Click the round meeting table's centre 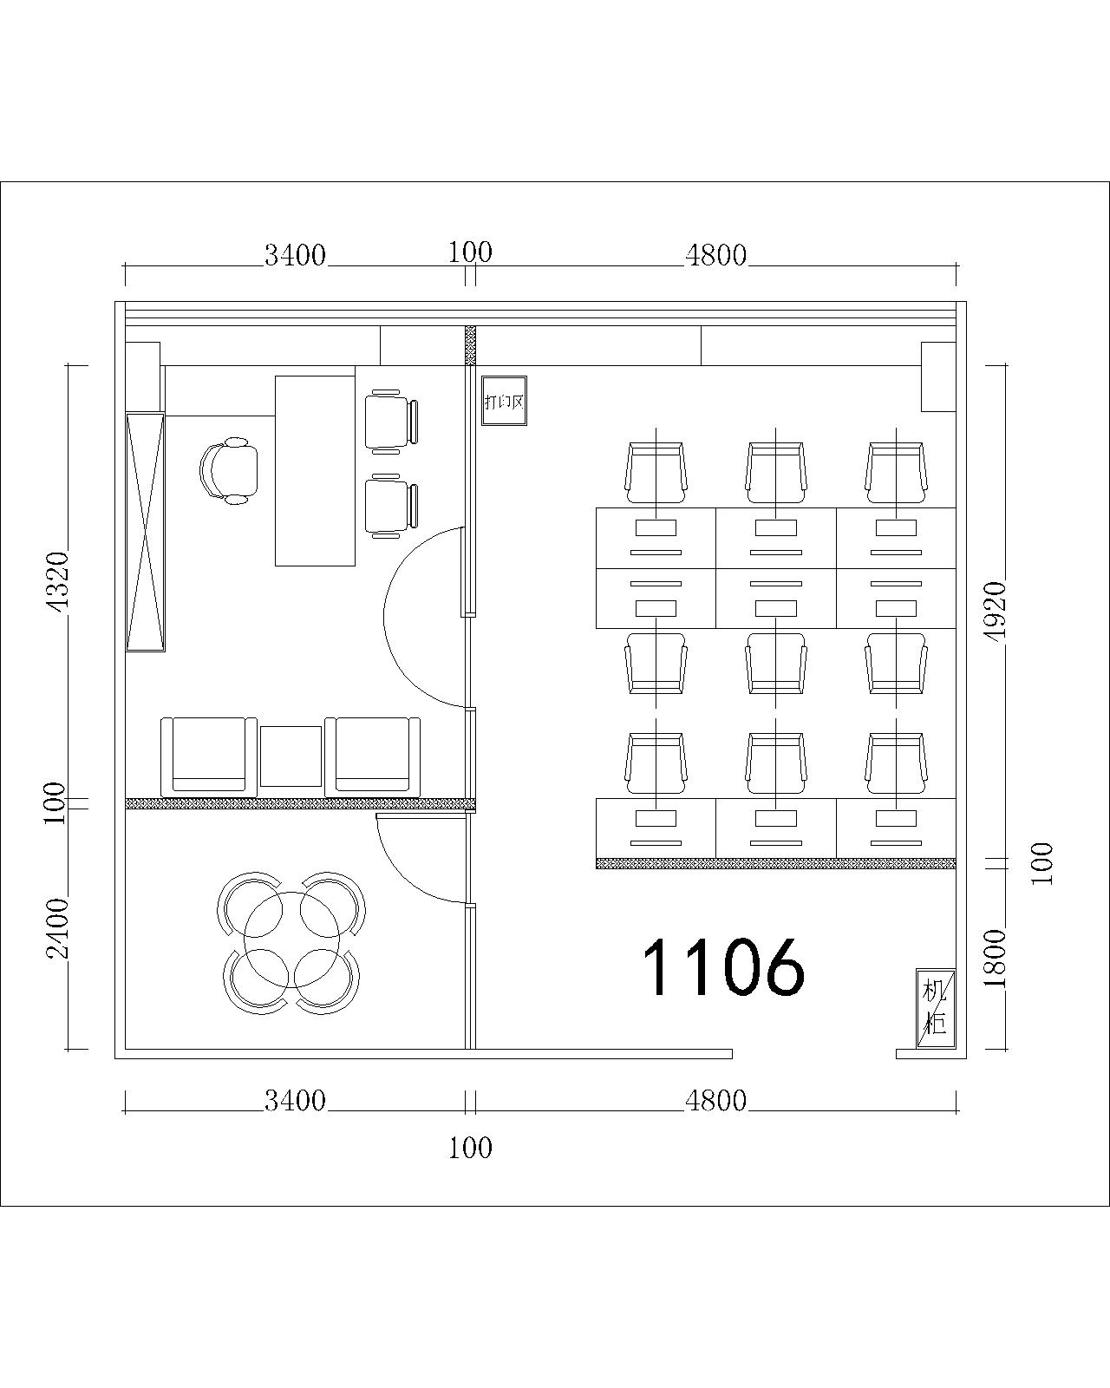[291, 940]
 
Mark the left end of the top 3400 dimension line [125, 265]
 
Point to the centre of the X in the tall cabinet [145, 532]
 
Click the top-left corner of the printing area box [482, 376]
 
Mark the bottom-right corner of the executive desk [356, 566]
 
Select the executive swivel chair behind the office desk [229, 470]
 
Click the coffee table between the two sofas [291, 756]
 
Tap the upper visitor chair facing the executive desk [391, 422]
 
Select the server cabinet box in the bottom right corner [936, 1017]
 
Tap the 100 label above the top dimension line [470, 252]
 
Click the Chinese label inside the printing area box [505, 402]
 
